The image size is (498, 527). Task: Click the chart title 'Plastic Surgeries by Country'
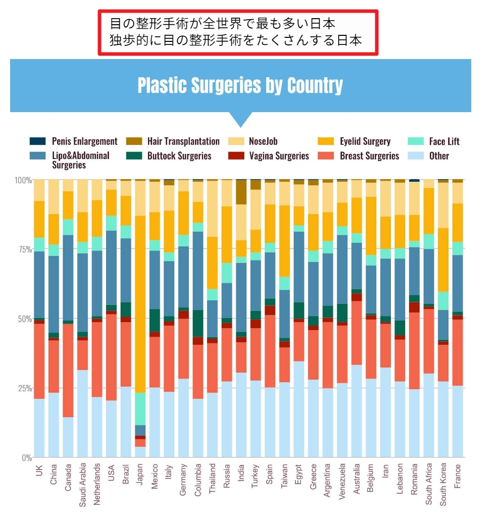pos(240,85)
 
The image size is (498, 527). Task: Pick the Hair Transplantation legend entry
pos(183,141)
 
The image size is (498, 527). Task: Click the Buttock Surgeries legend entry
pos(179,156)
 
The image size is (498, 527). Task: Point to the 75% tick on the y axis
pos(25,249)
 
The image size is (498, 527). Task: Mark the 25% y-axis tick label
pos(25,388)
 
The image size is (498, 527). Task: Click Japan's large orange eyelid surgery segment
pos(140,303)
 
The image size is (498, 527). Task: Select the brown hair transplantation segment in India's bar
pos(241,192)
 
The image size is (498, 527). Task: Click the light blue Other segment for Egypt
pos(298,409)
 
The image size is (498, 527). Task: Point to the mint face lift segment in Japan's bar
pos(140,409)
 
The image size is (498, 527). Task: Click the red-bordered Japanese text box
pos(238,32)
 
